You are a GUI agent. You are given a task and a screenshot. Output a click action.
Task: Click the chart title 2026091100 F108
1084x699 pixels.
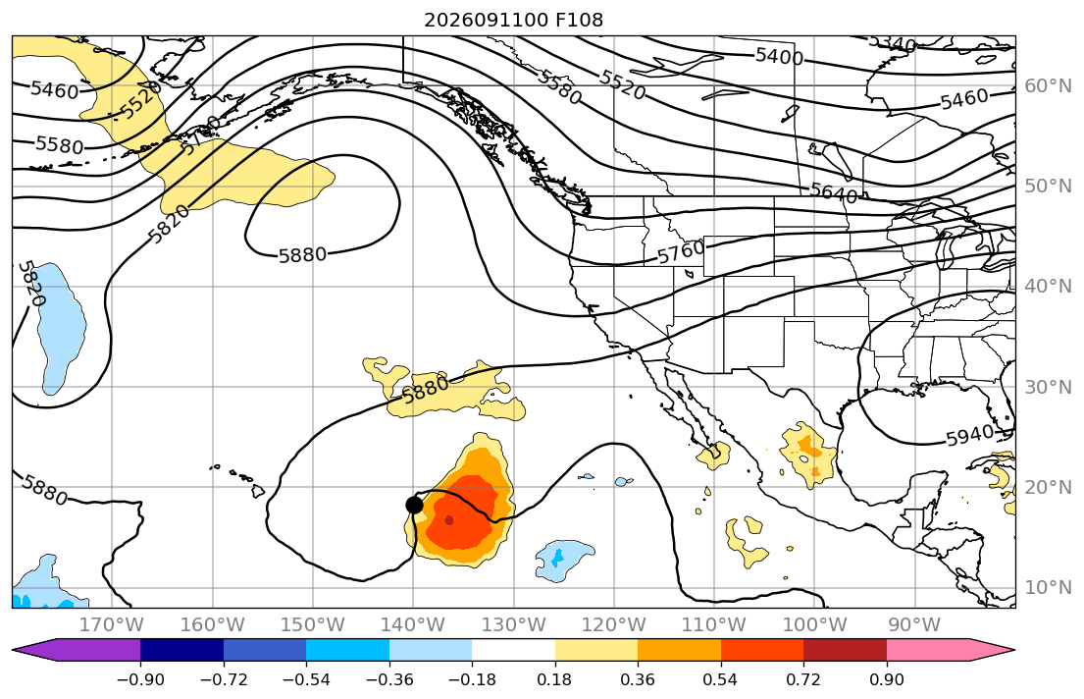pyautogui.click(x=514, y=20)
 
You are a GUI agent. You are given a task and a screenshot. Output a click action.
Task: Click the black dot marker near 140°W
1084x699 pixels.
pyautogui.click(x=414, y=505)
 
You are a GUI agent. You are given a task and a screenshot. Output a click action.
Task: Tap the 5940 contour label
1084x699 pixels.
pyautogui.click(x=968, y=437)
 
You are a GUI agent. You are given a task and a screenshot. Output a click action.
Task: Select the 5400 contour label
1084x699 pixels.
pyautogui.click(x=779, y=56)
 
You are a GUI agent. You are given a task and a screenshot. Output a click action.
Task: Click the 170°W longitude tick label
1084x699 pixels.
pyautogui.click(x=112, y=625)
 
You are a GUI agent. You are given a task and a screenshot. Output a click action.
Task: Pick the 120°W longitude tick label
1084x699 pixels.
pyautogui.click(x=614, y=625)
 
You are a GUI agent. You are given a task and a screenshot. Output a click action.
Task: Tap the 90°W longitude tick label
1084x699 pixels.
pyautogui.click(x=914, y=625)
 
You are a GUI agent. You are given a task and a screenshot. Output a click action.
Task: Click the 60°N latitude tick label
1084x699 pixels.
pyautogui.click(x=1048, y=85)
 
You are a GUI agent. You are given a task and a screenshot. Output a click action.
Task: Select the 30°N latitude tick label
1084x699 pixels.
pyautogui.click(x=1048, y=387)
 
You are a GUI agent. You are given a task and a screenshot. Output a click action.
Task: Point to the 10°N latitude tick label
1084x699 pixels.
pyautogui.click(x=1048, y=588)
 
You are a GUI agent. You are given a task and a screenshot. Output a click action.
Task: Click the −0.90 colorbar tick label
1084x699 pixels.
pyautogui.click(x=140, y=679)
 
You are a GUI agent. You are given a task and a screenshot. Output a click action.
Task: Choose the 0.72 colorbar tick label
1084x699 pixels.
pyautogui.click(x=803, y=679)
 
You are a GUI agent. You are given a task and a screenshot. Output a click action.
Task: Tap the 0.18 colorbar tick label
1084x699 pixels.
pyautogui.click(x=554, y=679)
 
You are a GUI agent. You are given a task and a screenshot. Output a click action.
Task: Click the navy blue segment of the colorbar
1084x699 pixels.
pyautogui.click(x=181, y=650)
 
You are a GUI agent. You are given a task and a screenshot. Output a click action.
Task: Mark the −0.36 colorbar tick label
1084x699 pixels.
pyautogui.click(x=389, y=679)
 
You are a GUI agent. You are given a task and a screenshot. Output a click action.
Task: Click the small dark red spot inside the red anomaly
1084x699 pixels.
pyautogui.click(x=449, y=519)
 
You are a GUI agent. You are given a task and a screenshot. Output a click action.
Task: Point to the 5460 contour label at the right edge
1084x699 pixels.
pyautogui.click(x=964, y=99)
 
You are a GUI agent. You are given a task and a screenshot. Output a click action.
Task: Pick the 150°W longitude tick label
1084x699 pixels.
pyautogui.click(x=313, y=625)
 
